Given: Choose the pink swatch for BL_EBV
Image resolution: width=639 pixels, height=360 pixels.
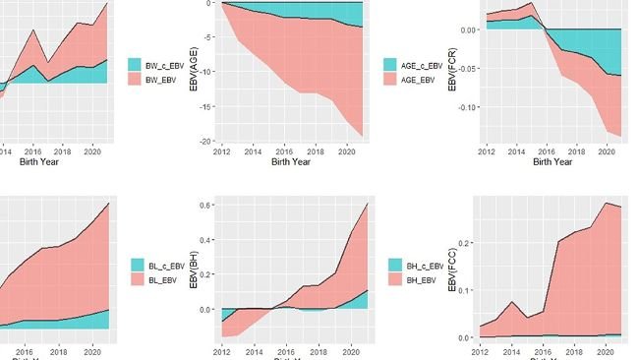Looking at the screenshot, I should [136, 280].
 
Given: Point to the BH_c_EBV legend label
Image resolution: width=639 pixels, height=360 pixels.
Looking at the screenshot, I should [425, 265].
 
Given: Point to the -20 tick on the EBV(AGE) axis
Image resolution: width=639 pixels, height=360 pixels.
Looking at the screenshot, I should [210, 141].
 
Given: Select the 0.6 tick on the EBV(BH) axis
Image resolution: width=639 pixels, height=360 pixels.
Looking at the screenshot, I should [210, 205].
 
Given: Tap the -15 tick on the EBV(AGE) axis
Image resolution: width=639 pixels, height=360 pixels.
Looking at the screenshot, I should [210, 106].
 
